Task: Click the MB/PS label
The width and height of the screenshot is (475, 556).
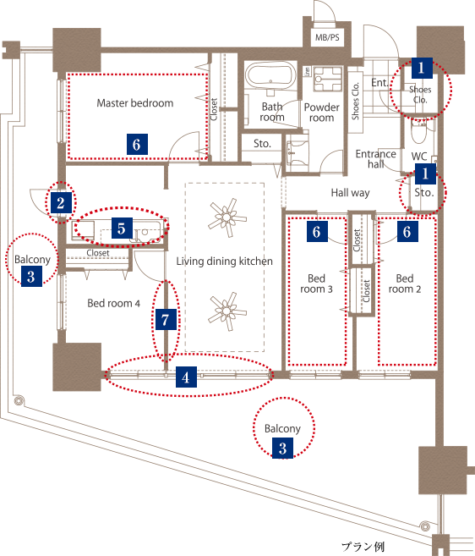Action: click(x=327, y=37)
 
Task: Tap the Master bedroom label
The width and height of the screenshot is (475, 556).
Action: click(x=135, y=103)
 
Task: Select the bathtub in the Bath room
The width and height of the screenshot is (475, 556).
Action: click(x=271, y=77)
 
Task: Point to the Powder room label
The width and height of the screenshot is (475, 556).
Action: click(x=322, y=113)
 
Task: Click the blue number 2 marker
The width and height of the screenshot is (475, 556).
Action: click(x=61, y=202)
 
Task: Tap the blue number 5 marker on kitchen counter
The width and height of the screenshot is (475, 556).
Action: click(x=122, y=228)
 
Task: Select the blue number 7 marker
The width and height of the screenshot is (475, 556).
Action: click(x=166, y=320)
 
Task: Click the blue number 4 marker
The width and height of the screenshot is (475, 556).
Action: click(x=186, y=377)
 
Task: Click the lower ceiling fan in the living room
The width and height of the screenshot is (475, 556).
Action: click(x=227, y=311)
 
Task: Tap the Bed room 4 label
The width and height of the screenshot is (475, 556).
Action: click(x=114, y=303)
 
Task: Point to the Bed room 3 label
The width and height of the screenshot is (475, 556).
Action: click(x=316, y=284)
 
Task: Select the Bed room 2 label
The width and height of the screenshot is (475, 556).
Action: click(x=405, y=284)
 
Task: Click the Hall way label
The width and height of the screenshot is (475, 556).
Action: click(x=350, y=193)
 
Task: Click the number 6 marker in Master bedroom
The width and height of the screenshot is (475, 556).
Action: click(x=137, y=144)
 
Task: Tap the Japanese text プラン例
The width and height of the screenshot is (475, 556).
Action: click(x=363, y=546)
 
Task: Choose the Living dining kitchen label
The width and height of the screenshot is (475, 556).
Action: click(x=225, y=261)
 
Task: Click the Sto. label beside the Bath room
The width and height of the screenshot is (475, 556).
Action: click(x=262, y=144)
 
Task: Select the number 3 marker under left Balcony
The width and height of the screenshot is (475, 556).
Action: click(x=31, y=276)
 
